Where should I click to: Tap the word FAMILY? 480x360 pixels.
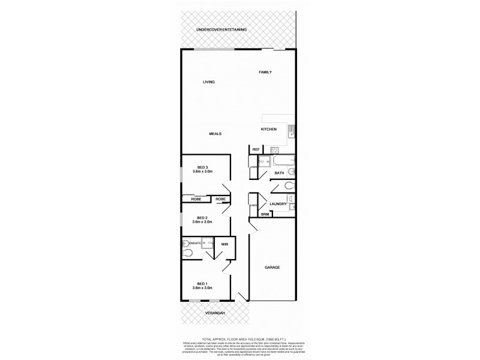(265, 72)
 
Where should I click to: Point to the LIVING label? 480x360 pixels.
(209, 82)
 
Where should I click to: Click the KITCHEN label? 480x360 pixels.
(268, 130)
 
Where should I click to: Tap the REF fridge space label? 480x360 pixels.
(256, 149)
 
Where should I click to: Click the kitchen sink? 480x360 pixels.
(290, 130)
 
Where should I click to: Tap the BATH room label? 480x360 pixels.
(279, 173)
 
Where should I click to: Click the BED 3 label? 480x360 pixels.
(202, 167)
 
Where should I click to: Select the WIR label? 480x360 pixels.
(224, 245)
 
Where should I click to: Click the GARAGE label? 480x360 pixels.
(273, 267)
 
